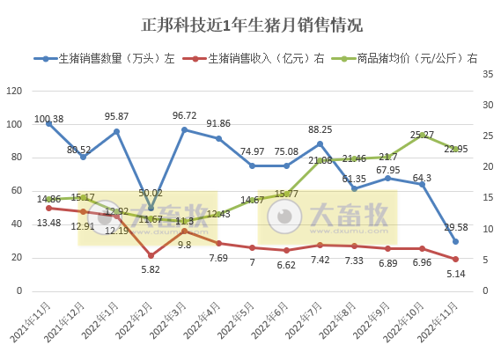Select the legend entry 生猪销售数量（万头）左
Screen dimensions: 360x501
coord(114,59)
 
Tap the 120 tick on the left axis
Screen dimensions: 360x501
coord(13,91)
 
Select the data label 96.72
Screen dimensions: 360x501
coord(184,115)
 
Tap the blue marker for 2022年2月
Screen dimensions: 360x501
coord(151,208)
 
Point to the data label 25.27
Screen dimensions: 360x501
coord(423,135)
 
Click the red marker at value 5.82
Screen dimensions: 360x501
coord(151,255)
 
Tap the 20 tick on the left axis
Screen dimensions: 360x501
coord(16,257)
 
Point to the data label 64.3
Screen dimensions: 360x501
coord(423,177)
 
